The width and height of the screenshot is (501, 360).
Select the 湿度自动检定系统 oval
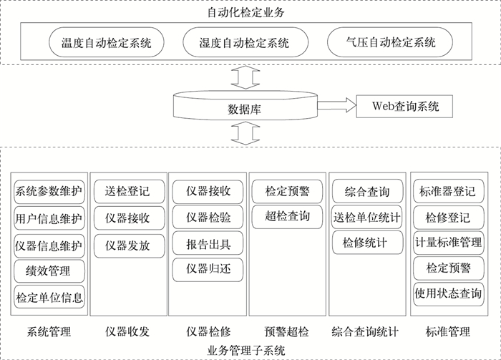coord(244,43)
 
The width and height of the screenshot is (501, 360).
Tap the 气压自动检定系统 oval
coord(390,43)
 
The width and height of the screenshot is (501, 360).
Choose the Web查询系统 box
coord(404,106)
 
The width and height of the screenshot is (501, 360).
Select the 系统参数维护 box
coord(49,192)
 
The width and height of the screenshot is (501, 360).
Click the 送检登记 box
coord(127,191)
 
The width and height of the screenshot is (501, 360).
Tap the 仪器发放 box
coord(127,245)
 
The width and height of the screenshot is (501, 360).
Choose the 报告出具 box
coord(208,244)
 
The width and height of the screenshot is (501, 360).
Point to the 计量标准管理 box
coord(448,243)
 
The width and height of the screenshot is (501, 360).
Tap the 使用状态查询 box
coord(448,294)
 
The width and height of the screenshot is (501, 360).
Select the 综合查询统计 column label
coord(365,332)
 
